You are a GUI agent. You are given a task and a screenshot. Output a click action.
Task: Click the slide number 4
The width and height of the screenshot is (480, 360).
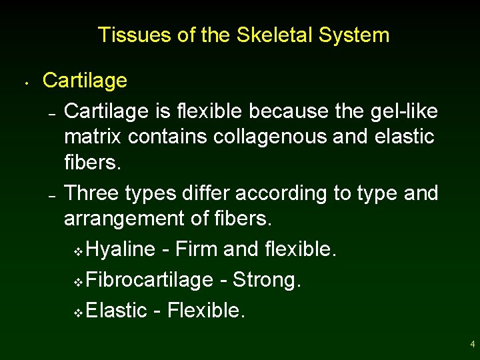click(472, 345)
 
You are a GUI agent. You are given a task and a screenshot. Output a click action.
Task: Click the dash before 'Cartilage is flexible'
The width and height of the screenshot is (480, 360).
click(51, 111)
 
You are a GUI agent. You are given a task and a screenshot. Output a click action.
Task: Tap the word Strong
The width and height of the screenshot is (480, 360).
click(267, 280)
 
